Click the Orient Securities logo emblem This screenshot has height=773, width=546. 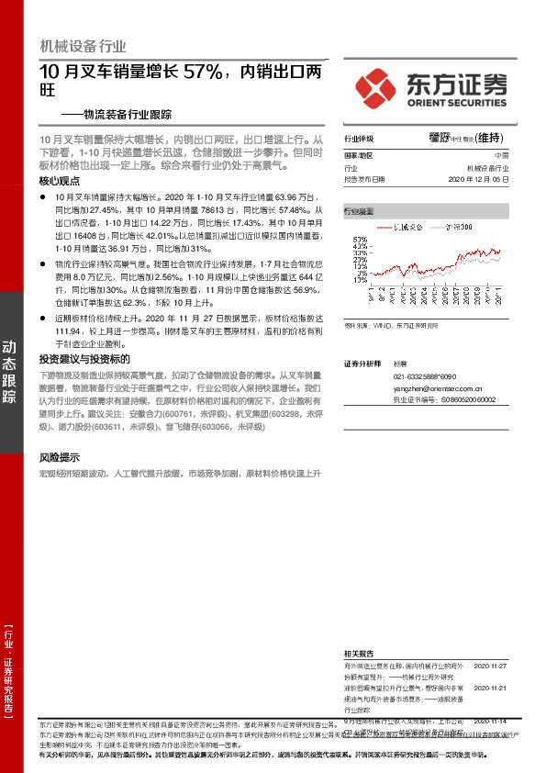[x=376, y=86]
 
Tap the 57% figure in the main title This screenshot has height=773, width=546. [x=209, y=71]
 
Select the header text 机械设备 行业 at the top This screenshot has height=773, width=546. [x=84, y=46]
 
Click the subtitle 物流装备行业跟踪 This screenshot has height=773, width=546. [x=130, y=116]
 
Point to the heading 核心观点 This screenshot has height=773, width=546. [x=61, y=182]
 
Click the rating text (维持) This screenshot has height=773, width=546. [x=489, y=138]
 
